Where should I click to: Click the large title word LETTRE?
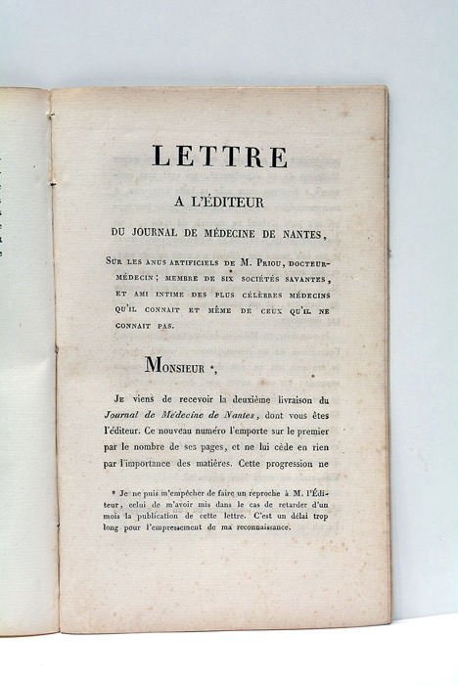pos(218,158)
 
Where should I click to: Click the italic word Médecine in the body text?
pos(192,416)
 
